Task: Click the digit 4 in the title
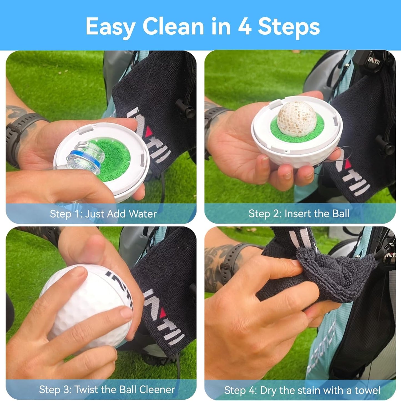[244, 27]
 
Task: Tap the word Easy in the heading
[110, 27]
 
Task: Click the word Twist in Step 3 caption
[86, 390]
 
